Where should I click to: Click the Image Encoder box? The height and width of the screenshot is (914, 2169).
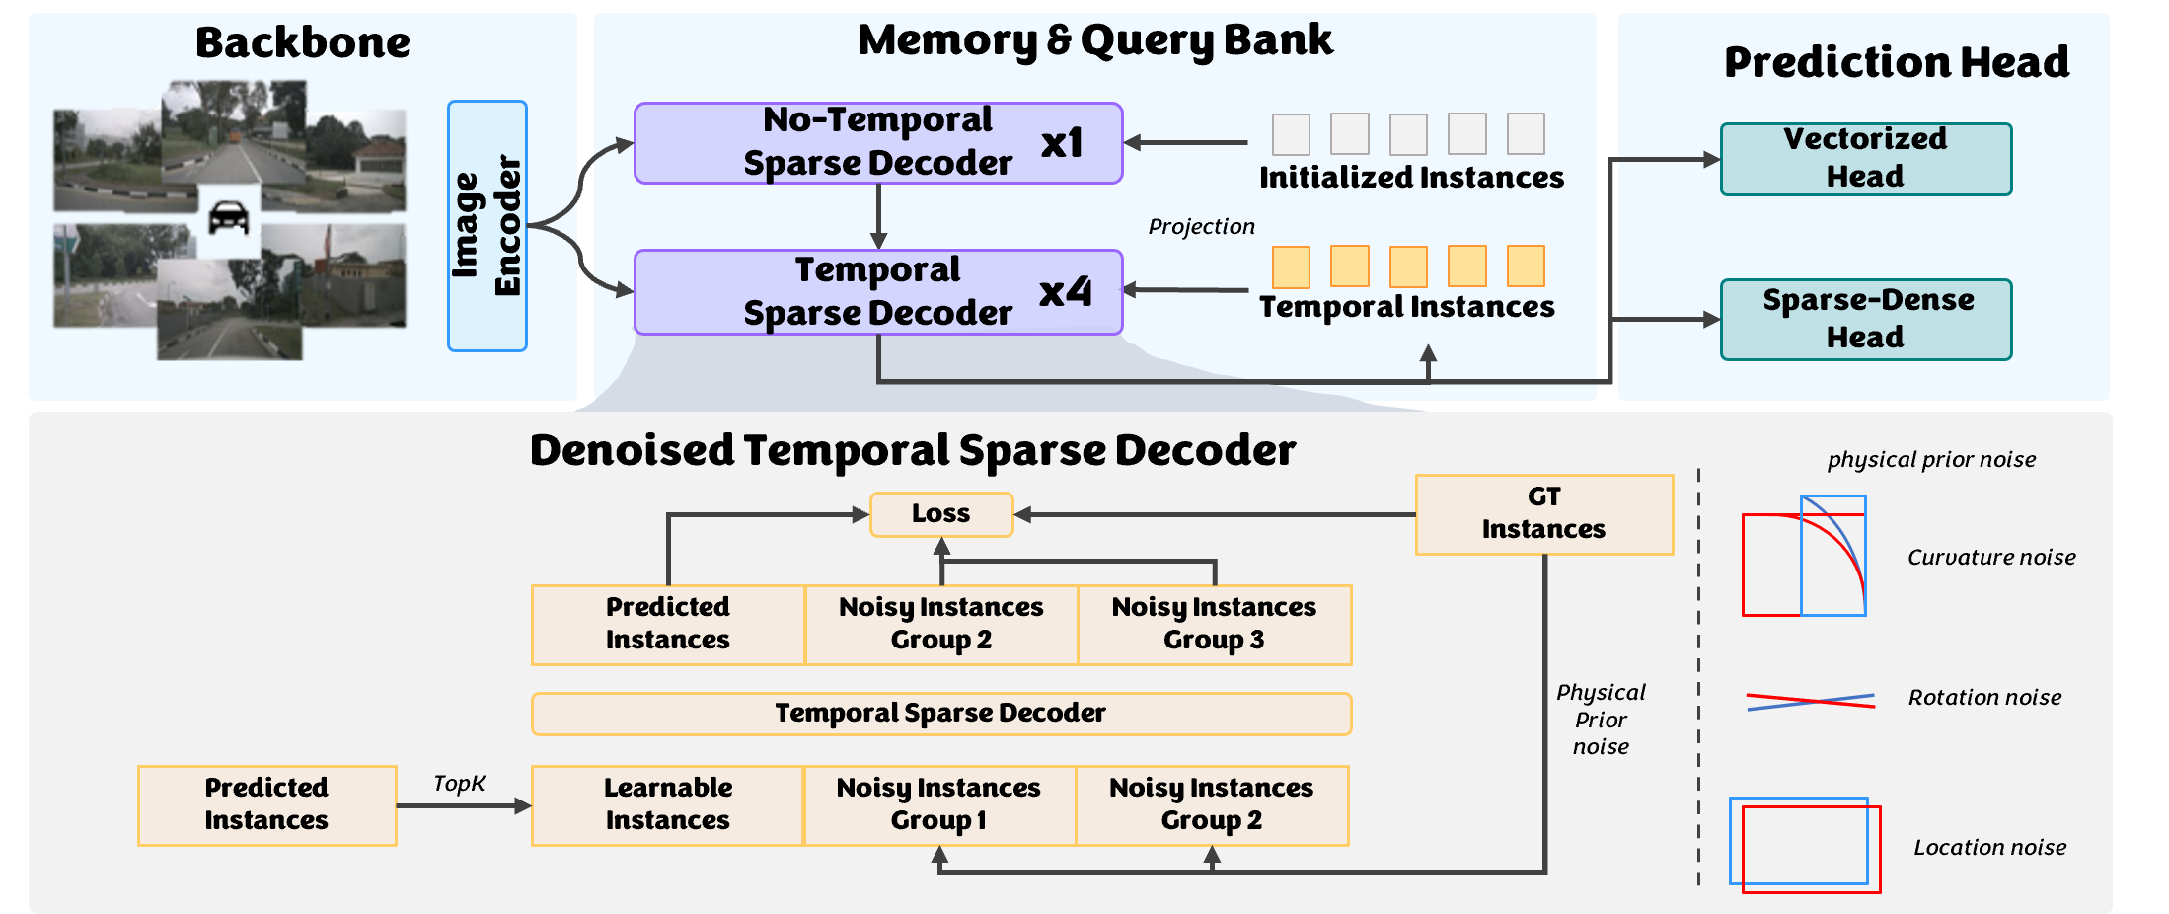pos(486,226)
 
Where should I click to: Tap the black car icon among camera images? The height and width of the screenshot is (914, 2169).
pos(229,217)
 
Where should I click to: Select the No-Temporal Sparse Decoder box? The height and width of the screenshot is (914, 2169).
pos(877,143)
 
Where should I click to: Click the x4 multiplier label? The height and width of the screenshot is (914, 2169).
pos(1066,292)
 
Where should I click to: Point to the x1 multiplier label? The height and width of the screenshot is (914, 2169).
pos(1062,144)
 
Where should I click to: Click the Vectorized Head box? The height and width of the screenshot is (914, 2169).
pos(1865,159)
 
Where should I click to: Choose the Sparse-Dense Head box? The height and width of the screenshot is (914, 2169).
pos(1865,319)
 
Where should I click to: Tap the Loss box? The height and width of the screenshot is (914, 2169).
pos(940,514)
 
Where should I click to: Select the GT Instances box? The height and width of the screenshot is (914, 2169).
pos(1543,514)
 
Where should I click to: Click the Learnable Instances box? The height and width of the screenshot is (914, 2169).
pos(667,805)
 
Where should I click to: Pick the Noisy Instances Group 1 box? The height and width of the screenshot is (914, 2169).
pos(938,805)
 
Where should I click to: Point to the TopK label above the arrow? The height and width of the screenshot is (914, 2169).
pos(459,784)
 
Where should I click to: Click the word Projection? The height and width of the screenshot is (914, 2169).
pos(1201,227)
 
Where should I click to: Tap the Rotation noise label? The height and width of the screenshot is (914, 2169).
pos(1984,698)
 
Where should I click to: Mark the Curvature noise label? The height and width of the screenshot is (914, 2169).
pos(1990,558)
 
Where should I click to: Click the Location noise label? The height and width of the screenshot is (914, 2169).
pos(1989,848)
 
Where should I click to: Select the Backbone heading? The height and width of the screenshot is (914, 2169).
pos(302,43)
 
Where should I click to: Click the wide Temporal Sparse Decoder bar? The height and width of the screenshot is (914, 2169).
pos(940,714)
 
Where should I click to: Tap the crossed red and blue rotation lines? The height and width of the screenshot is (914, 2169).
pos(1810,702)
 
